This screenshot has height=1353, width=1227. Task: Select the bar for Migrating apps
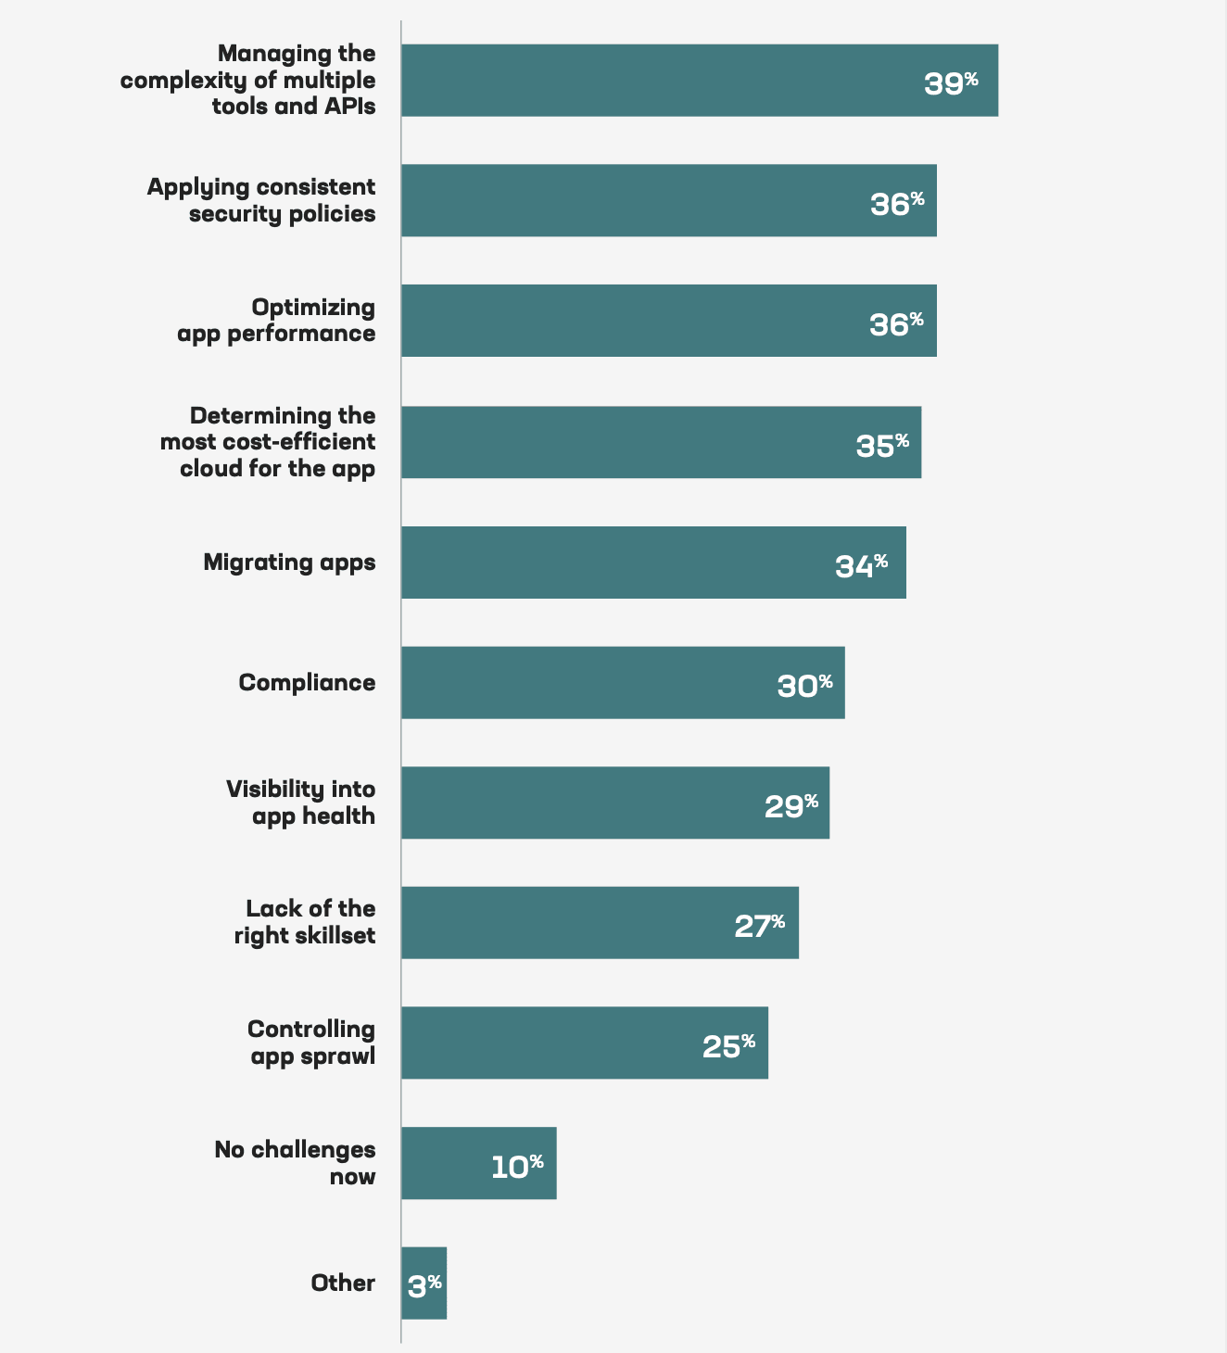653,563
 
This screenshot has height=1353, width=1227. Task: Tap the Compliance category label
307,683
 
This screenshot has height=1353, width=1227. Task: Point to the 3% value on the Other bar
424,1285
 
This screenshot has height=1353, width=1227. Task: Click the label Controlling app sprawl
311,1043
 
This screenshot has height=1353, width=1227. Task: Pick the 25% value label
728,1045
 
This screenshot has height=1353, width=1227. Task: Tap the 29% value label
791,805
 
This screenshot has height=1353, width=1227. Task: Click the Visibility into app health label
301,803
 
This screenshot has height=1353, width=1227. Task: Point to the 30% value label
804,686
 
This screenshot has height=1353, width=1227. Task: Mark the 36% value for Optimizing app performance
896,323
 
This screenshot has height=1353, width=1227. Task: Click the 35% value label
882,445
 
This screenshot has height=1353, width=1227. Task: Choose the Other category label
343,1283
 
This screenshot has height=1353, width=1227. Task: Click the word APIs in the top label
349,106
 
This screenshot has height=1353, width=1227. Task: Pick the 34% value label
861,565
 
